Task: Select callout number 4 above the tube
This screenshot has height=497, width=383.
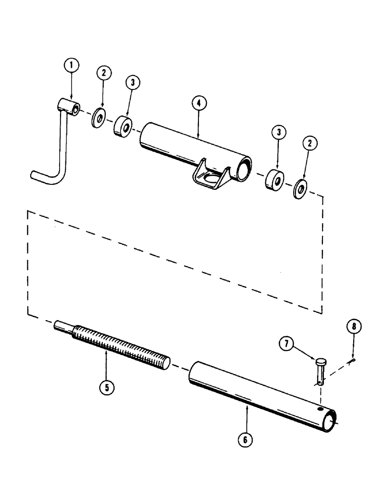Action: pyautogui.click(x=198, y=105)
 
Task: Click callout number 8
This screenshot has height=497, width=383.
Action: pyautogui.click(x=353, y=327)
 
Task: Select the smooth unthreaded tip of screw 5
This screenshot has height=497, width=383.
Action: pyautogui.click(x=63, y=326)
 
